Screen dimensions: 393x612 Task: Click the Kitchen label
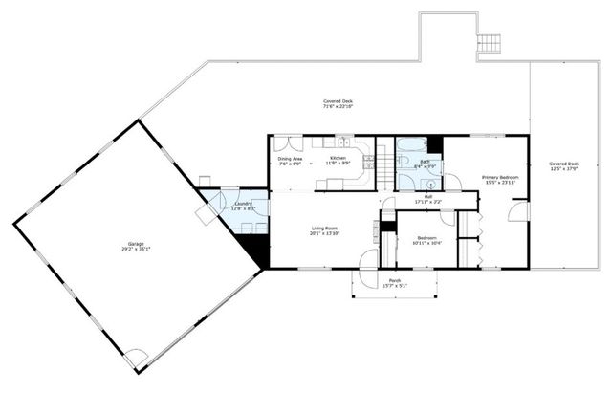pos(338,158)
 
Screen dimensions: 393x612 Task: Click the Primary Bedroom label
pos(501,178)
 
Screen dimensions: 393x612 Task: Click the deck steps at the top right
pos(490,43)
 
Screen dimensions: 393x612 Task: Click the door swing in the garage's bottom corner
pos(138,359)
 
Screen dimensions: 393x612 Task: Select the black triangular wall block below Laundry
pos(253,251)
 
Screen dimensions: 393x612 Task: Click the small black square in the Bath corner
pos(435,144)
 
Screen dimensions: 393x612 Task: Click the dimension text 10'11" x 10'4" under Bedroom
pos(426,243)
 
